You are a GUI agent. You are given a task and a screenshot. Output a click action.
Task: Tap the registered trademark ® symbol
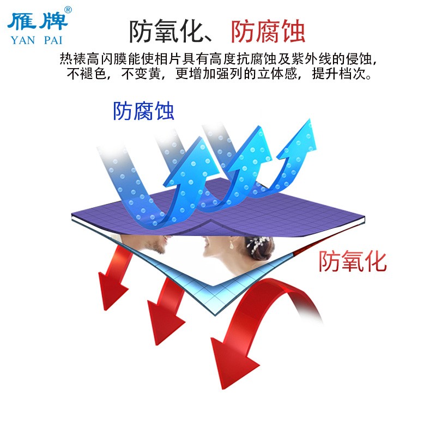tap(68, 9)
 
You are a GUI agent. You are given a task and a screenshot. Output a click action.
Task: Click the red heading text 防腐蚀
tap(268, 32)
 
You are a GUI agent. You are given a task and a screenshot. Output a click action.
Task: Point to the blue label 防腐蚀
tap(143, 111)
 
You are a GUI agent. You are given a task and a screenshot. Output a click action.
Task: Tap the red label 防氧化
tap(353, 262)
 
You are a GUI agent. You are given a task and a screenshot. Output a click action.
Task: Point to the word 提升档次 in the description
tap(337, 74)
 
